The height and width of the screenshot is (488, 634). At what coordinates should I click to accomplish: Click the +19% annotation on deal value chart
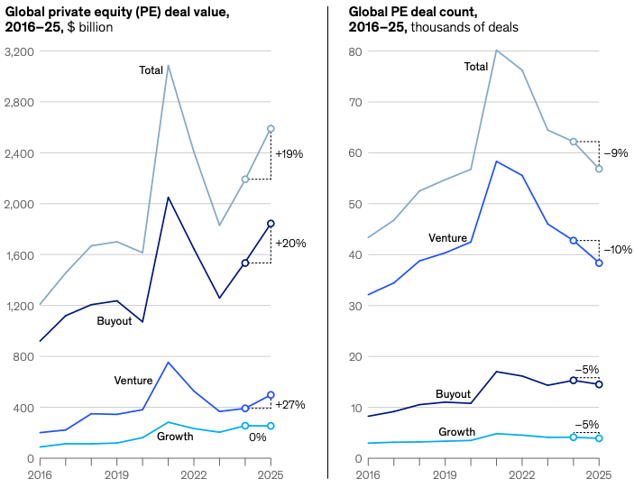[x=289, y=154]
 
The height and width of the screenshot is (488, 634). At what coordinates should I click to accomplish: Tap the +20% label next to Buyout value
[x=289, y=244]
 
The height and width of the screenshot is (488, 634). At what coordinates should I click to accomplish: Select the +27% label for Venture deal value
[x=289, y=405]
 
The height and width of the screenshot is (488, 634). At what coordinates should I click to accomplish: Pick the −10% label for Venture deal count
[x=618, y=249]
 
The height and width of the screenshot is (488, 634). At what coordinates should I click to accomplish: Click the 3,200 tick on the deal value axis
[x=19, y=52]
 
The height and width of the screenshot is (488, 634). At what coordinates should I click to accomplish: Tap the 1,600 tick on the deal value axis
[x=19, y=255]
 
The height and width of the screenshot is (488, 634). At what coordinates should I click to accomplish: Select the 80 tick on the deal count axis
[x=354, y=52]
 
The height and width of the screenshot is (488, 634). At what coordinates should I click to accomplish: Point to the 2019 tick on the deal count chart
[x=446, y=474]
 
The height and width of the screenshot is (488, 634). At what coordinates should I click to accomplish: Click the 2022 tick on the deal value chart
[x=194, y=474]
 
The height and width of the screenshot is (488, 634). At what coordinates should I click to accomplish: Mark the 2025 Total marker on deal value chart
[x=271, y=129]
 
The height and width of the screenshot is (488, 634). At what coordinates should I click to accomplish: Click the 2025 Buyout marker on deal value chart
[x=271, y=224]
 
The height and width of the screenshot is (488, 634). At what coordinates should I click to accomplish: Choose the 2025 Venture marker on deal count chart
[x=599, y=263]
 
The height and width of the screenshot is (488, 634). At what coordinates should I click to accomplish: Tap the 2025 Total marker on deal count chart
[x=599, y=169]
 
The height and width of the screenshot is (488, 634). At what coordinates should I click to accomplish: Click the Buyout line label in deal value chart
[x=115, y=321]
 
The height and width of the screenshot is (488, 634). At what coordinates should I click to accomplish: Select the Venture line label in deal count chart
[x=447, y=238]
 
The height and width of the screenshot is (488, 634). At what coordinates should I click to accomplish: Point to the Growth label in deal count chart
[x=456, y=432]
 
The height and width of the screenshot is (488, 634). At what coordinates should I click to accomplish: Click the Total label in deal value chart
[x=151, y=70]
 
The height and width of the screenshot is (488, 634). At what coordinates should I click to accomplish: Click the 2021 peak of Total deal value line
[x=168, y=65]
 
